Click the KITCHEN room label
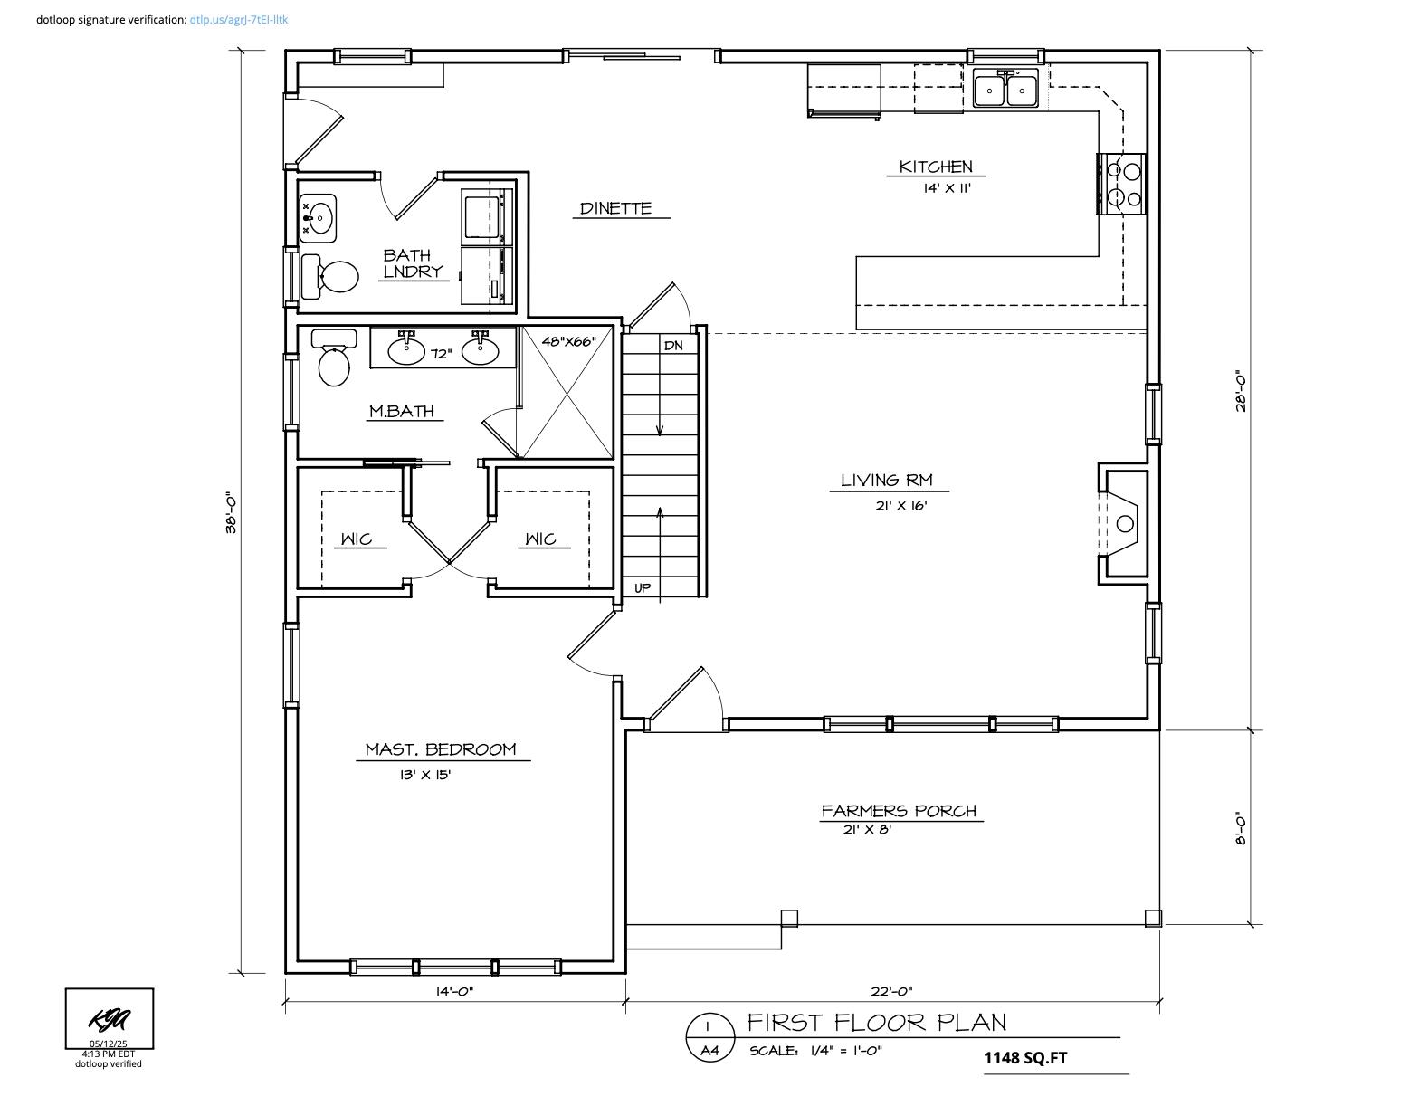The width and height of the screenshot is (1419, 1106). [936, 167]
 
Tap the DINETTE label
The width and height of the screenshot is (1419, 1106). [615, 208]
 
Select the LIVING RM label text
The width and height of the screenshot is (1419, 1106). [886, 481]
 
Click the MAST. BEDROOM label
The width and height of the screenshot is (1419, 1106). [440, 749]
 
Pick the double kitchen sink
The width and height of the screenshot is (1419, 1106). [1005, 90]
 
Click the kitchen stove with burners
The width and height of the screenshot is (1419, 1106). [1122, 184]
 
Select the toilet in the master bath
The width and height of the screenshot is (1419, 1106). [333, 362]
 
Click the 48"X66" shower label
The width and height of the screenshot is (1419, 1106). [568, 342]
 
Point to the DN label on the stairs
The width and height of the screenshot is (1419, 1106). [673, 346]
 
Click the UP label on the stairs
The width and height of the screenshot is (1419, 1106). [642, 588]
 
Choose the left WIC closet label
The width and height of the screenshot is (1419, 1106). [356, 539]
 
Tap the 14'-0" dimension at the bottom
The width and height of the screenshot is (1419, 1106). [454, 991]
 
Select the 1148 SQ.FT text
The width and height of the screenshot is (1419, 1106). [1025, 1057]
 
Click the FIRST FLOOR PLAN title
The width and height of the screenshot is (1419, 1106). [876, 1023]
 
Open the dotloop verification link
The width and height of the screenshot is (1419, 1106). [239, 19]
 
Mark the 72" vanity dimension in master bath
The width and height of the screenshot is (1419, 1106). [441, 354]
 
